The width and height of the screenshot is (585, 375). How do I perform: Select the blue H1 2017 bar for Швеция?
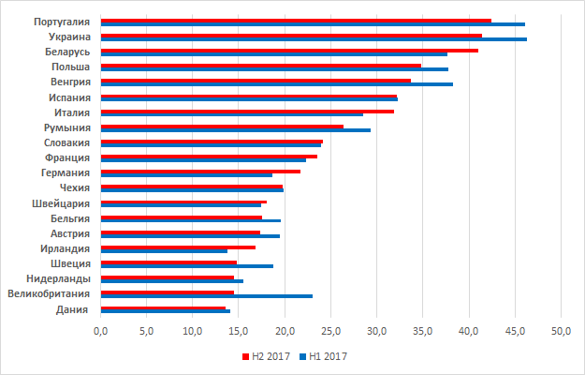click(186, 266)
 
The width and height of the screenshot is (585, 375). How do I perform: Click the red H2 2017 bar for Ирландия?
click(178, 247)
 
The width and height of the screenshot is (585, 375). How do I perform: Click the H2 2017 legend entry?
click(266, 356)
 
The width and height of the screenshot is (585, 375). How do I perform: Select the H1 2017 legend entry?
click(324, 356)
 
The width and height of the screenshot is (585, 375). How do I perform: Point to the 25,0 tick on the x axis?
click(330, 331)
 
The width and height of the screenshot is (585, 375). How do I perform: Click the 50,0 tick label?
click(561, 331)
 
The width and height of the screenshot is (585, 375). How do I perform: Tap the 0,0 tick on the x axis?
click(100, 331)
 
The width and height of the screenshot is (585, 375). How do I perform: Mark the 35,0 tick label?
click(422, 331)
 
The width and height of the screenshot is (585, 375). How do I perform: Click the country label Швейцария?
click(62, 202)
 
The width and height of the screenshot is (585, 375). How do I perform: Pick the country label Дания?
click(73, 309)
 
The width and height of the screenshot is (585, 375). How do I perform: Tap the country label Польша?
click(71, 67)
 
